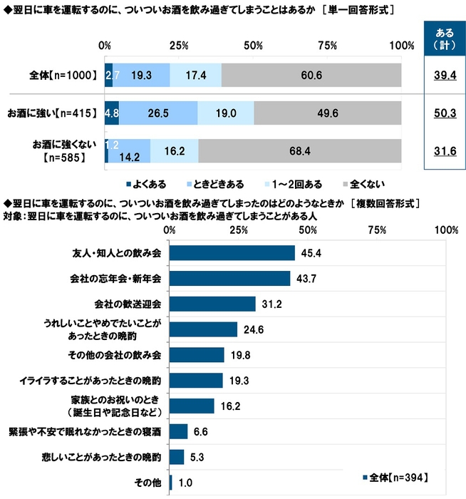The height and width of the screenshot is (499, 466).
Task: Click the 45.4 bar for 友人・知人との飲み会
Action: (232, 253)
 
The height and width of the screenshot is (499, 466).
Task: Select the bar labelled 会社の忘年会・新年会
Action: (230, 278)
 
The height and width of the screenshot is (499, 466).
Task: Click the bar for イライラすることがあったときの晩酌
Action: (197, 380)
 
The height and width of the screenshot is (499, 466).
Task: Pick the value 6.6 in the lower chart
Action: (202, 431)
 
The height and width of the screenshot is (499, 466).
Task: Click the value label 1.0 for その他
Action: (185, 482)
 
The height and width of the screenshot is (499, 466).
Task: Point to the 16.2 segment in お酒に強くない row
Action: (174, 152)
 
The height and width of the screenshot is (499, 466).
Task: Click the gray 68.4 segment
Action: (299, 152)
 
